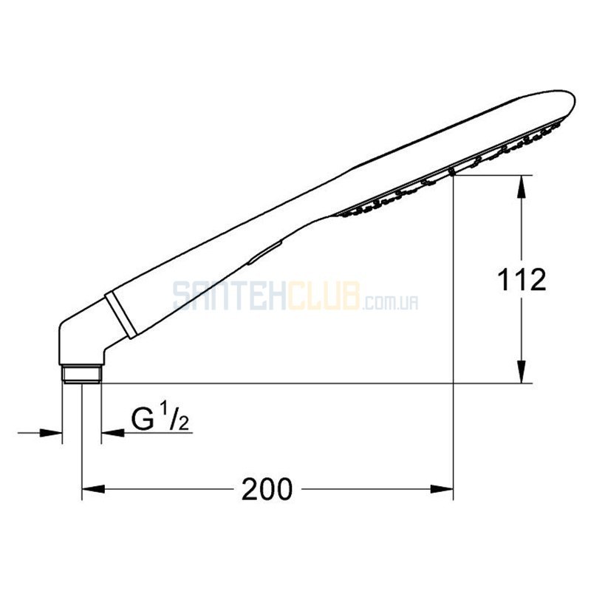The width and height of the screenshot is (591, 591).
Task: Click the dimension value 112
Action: [522, 280]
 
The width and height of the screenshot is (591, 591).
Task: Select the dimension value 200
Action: [267, 489]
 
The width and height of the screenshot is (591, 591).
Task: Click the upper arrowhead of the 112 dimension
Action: [521, 186]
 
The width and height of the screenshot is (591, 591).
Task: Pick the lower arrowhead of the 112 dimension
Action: [521, 372]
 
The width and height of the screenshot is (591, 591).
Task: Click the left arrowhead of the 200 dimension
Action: [93, 489]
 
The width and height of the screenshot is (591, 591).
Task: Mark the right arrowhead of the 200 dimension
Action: [442, 489]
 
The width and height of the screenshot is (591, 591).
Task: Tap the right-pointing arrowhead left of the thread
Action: [51, 433]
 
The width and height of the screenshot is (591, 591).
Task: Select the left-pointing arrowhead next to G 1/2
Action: [113, 433]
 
